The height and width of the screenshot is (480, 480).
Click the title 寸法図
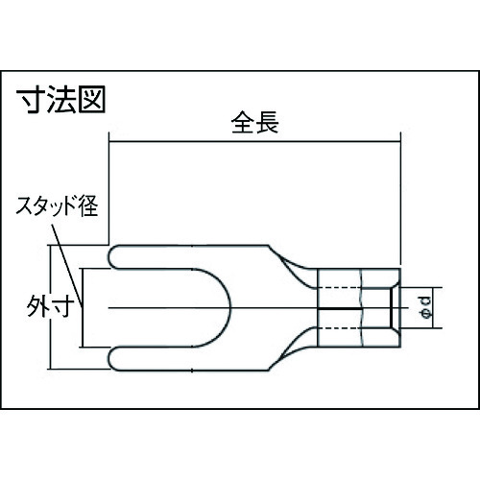tap(60, 100)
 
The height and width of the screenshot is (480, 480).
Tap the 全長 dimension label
tap(254, 122)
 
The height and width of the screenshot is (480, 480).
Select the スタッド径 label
tap(57, 205)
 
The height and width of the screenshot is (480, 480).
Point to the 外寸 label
tap(51, 306)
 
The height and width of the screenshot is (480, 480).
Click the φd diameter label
tap(427, 308)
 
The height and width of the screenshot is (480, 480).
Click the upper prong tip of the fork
tap(109, 256)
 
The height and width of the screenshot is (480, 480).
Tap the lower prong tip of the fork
tap(109, 359)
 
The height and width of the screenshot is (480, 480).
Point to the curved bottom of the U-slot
tap(230, 308)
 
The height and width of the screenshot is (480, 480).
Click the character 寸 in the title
tap(31, 100)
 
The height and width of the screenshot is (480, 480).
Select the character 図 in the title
tap(92, 100)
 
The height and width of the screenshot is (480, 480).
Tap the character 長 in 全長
tap(267, 122)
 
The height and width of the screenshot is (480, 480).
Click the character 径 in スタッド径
tap(88, 205)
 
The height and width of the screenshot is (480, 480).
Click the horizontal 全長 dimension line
tap(254, 141)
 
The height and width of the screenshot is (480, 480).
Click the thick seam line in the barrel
tap(340, 309)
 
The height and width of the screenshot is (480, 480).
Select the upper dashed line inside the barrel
tap(340, 288)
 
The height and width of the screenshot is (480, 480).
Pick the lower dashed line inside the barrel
tap(340, 328)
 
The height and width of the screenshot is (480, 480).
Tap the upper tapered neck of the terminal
tap(292, 267)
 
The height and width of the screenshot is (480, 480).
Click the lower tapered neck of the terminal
tap(292, 349)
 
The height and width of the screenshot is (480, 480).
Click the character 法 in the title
tap(61, 100)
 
